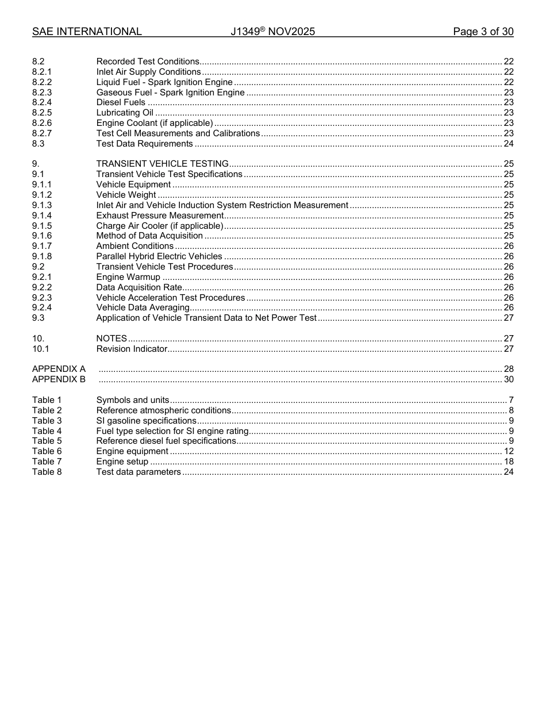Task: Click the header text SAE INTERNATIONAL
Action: pos(87,32)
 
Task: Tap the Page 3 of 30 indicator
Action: pos(483,32)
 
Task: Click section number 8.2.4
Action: pos(42,102)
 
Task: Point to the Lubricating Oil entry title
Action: pos(124,113)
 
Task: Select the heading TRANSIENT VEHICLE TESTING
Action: pos(162,164)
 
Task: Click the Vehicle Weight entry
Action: pos(126,195)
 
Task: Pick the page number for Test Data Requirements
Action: pos(508,144)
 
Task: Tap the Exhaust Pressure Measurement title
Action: pos(159,216)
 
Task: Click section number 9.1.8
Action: pos(42,256)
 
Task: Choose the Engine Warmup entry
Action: pos(128,277)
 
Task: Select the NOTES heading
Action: pos(111,339)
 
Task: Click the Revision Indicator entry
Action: pos(132,349)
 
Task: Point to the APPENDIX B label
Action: pos(59,379)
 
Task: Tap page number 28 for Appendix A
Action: pos(508,369)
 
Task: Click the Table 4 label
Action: pos(47,431)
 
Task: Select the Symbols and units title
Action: pos(133,400)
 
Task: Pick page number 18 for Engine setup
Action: pos(508,462)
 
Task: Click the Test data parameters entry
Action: pos(139,472)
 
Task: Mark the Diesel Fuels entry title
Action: pos(121,102)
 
